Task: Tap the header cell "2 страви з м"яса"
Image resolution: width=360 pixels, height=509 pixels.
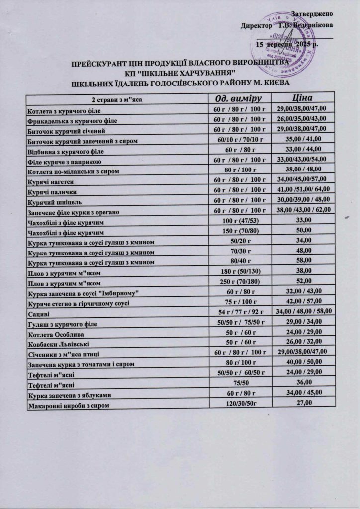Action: (x=117, y=99)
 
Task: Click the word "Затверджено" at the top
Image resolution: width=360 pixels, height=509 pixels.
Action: (x=312, y=12)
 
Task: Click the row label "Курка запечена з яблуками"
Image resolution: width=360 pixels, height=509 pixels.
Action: (x=69, y=395)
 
